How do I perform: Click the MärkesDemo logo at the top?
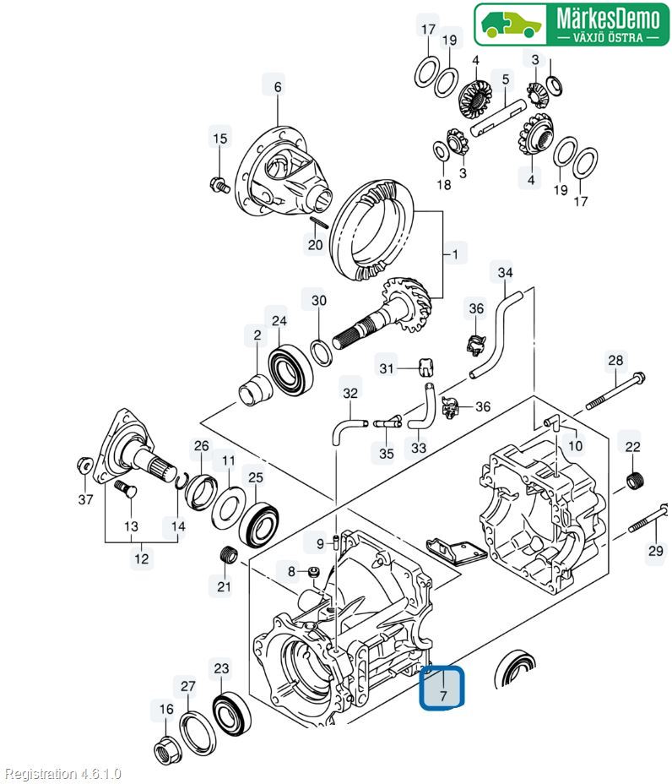(571, 24)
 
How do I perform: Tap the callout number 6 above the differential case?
(278, 86)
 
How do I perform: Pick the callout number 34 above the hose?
(504, 273)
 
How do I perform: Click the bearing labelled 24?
(290, 363)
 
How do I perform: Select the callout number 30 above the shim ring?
(318, 301)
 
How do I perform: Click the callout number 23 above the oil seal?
(221, 669)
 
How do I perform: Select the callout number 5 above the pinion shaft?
(505, 80)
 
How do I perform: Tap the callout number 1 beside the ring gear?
(456, 253)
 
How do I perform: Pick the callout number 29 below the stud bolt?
(655, 552)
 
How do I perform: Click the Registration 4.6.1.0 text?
(63, 773)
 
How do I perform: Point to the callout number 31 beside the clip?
(387, 368)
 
